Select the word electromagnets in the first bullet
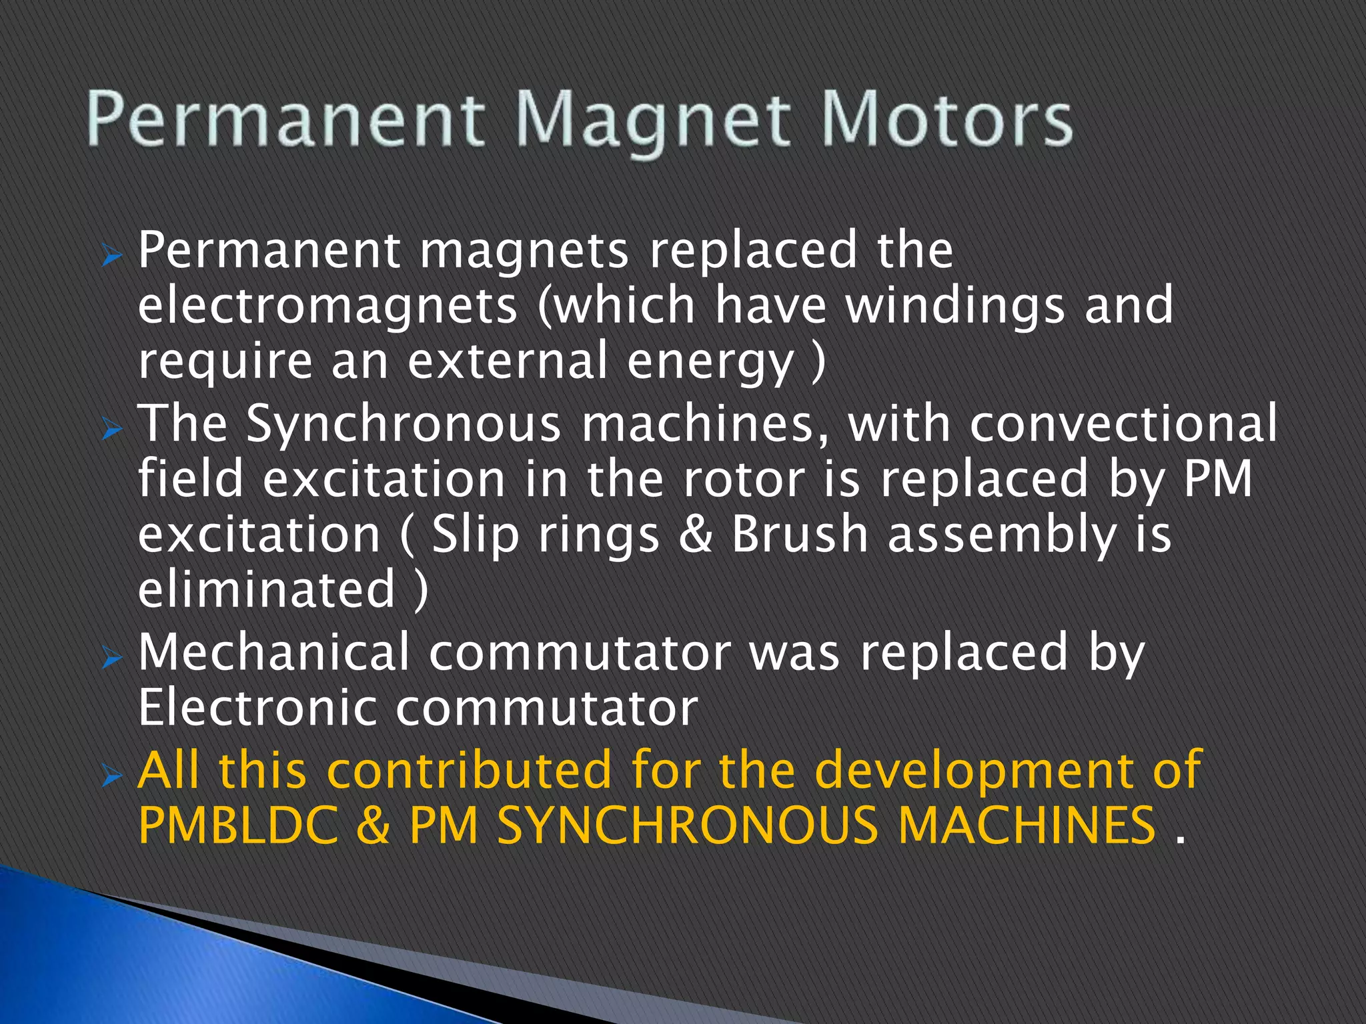(327, 306)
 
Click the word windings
(954, 306)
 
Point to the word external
(508, 361)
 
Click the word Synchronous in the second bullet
(404, 424)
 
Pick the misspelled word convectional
(1123, 424)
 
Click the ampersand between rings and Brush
(695, 534)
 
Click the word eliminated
(267, 589)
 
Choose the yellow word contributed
(470, 770)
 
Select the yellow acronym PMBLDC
(238, 825)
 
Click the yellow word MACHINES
(1027, 825)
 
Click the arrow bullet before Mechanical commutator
(112, 659)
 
